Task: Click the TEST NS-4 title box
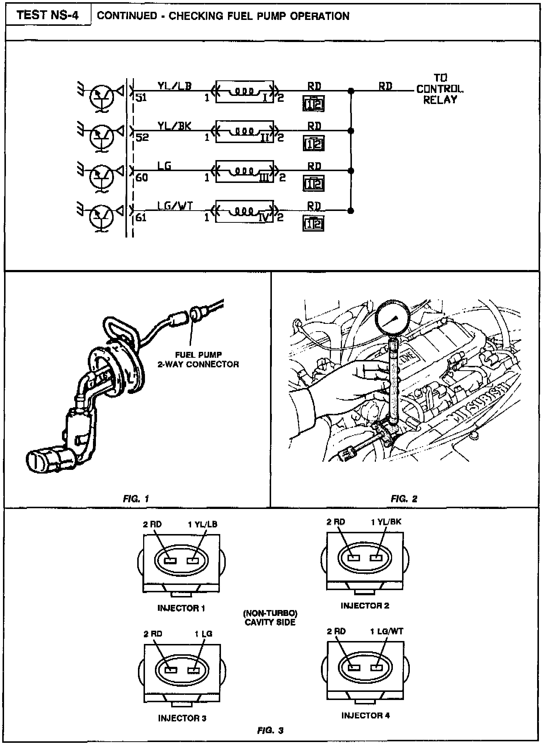point(48,15)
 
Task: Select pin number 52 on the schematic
point(142,138)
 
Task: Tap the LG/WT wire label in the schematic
point(175,206)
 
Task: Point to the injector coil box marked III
point(245,171)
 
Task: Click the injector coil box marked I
point(245,91)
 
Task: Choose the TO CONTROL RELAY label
point(440,89)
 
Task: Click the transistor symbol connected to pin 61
point(101,216)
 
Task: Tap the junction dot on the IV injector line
point(351,211)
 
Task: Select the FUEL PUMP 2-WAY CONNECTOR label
point(198,360)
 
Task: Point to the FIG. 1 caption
point(136,499)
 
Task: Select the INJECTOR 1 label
point(181,608)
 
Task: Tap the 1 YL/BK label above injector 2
point(386,522)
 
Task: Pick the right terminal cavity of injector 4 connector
point(376,668)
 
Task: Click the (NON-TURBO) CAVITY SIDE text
point(270,618)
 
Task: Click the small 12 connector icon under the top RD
point(314,104)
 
